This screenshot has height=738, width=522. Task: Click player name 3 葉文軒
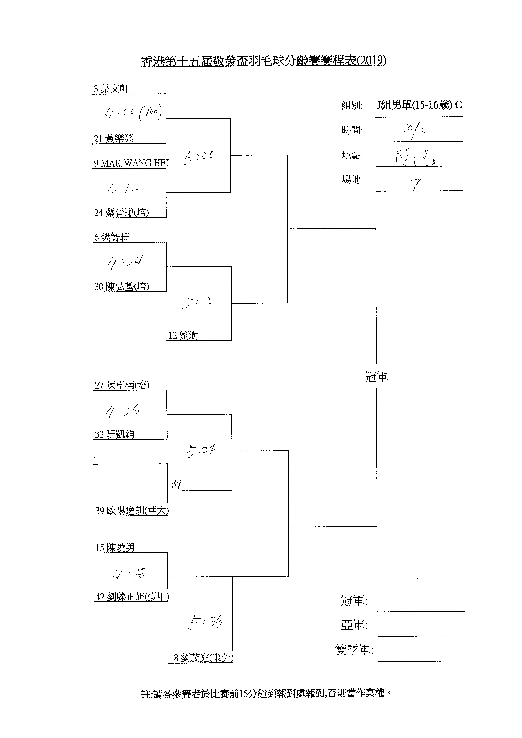click(x=111, y=89)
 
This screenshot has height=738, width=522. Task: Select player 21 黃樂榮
click(x=113, y=139)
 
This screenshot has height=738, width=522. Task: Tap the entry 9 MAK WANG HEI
click(x=131, y=163)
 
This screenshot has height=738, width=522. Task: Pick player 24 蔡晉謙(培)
click(x=121, y=212)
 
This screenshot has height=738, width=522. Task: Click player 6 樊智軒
click(x=112, y=237)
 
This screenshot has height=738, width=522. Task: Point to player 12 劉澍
click(x=183, y=335)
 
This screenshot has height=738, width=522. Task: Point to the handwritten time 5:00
click(x=199, y=157)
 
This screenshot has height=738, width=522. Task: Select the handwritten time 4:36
click(x=123, y=410)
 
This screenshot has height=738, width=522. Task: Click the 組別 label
click(x=352, y=105)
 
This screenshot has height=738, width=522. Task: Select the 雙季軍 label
click(x=354, y=650)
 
